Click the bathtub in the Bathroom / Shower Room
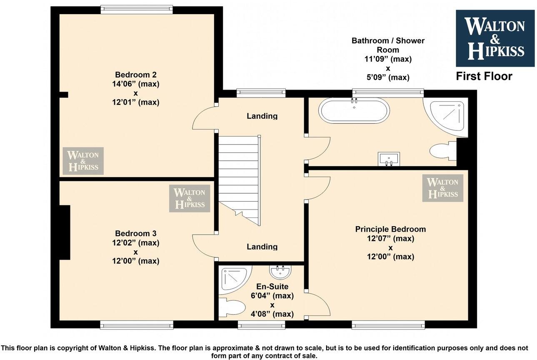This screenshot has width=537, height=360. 354,110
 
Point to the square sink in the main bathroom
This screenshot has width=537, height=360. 389,159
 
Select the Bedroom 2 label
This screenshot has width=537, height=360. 136,75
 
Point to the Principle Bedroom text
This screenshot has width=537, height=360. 390,229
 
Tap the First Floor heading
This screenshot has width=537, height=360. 484,76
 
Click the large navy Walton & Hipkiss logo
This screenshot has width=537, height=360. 495,38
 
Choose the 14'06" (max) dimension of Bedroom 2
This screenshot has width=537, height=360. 136,84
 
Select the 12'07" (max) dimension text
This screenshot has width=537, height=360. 390,239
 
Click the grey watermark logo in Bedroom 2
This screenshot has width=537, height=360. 83,161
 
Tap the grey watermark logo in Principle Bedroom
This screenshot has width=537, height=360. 442,188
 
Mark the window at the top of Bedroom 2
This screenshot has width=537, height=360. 137,9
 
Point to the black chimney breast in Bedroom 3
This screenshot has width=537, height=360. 65,232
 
